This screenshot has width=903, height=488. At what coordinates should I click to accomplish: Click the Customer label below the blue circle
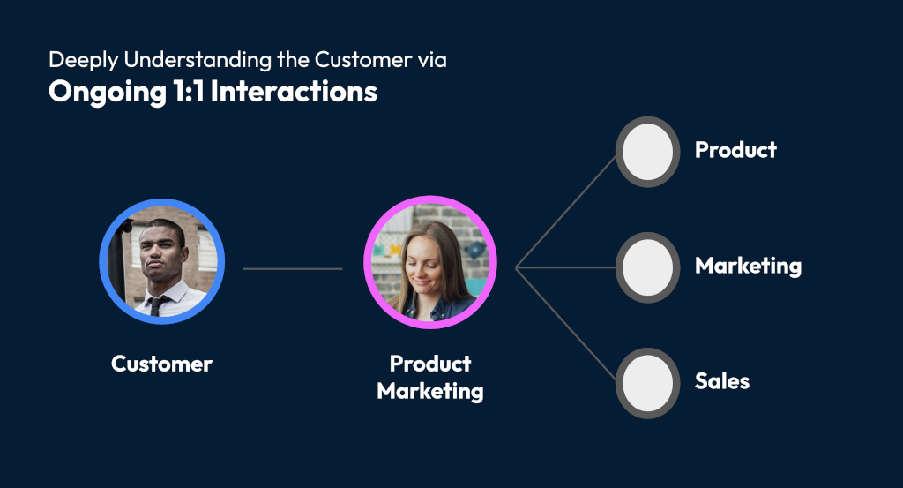pos(161,364)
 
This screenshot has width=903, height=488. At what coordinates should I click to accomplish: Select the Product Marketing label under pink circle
pos(430,377)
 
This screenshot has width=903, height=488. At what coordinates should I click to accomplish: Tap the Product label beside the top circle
pos(735,150)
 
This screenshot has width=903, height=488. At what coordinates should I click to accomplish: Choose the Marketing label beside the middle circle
pos(748,266)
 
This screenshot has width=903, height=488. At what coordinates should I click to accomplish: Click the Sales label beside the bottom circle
pos(722,381)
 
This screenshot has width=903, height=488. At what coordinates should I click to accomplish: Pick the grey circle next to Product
pos(647,152)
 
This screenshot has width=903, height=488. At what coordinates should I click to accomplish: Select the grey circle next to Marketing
pos(647,267)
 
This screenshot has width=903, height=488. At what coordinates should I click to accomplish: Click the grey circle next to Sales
pos(647,383)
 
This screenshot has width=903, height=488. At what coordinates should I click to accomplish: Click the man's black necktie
pos(156,305)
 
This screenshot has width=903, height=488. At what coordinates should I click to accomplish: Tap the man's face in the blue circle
pos(162,254)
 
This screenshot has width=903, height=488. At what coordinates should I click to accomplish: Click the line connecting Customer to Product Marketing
pos(292,268)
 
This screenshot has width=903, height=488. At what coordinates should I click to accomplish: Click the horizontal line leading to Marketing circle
pos(564,267)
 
